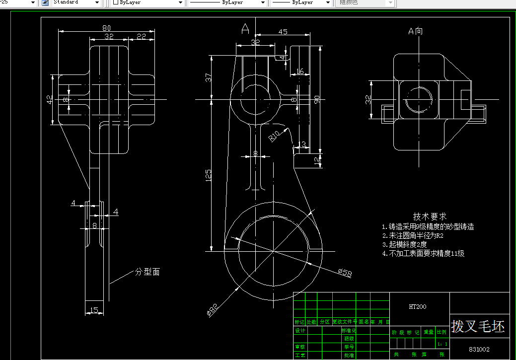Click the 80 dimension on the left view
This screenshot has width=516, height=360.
106,28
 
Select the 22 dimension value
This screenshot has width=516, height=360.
141,36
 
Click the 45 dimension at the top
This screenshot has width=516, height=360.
283,32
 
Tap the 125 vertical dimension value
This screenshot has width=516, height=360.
209,175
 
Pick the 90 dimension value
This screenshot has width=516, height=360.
316,99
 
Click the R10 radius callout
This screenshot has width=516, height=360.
275,136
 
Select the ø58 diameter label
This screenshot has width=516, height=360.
344,272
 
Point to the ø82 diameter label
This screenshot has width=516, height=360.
212,310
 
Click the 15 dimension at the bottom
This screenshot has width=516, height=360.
94,311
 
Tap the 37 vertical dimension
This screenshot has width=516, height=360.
209,77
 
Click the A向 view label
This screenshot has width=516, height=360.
416,31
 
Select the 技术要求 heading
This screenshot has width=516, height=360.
430,216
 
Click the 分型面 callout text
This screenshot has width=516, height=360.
147,272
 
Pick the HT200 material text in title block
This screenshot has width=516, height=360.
417,307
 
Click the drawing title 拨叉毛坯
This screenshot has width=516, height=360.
478,326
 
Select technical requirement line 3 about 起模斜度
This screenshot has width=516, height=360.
404,244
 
